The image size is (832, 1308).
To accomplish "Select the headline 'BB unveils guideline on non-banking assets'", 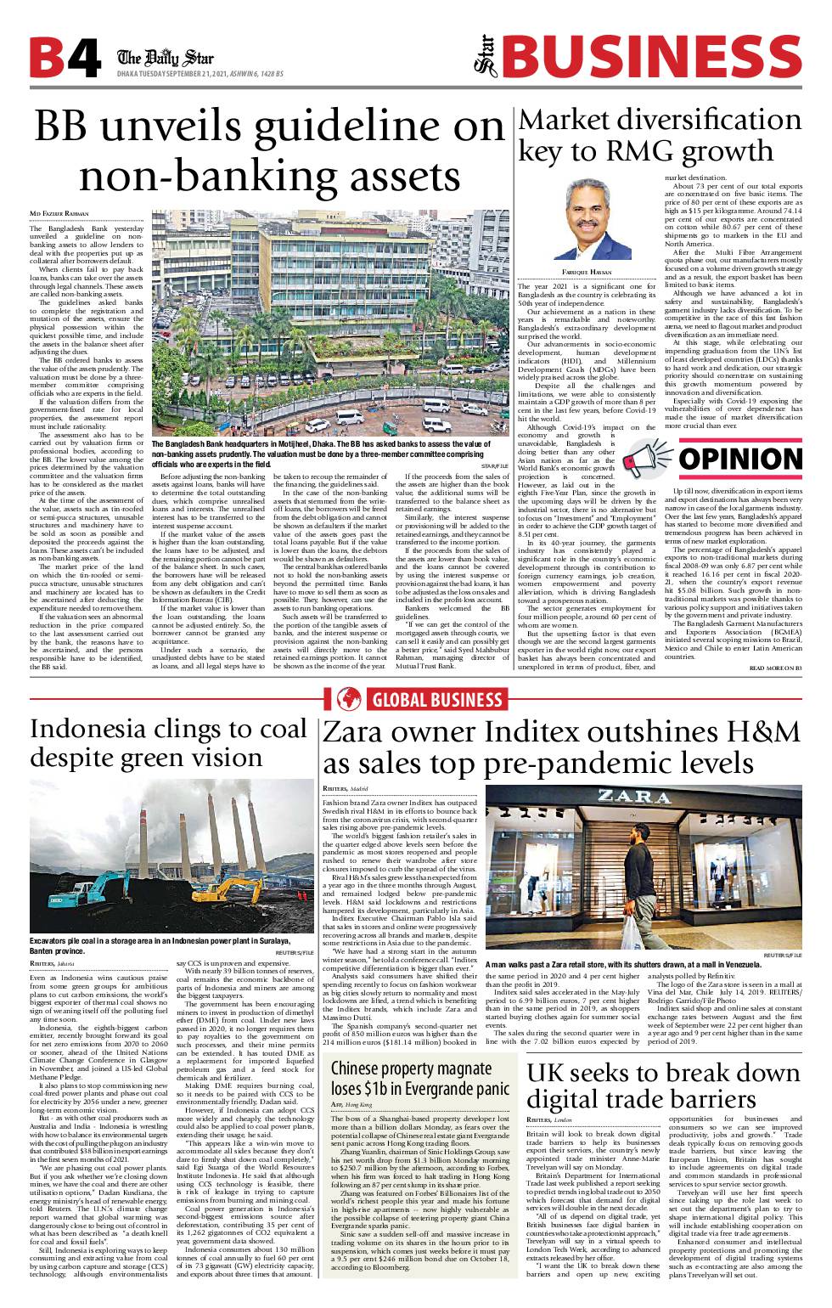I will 270,151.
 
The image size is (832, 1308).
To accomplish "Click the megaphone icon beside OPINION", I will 648,459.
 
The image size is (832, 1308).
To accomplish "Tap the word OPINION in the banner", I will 740,459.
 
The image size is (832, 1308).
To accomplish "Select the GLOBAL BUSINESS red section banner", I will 416,699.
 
